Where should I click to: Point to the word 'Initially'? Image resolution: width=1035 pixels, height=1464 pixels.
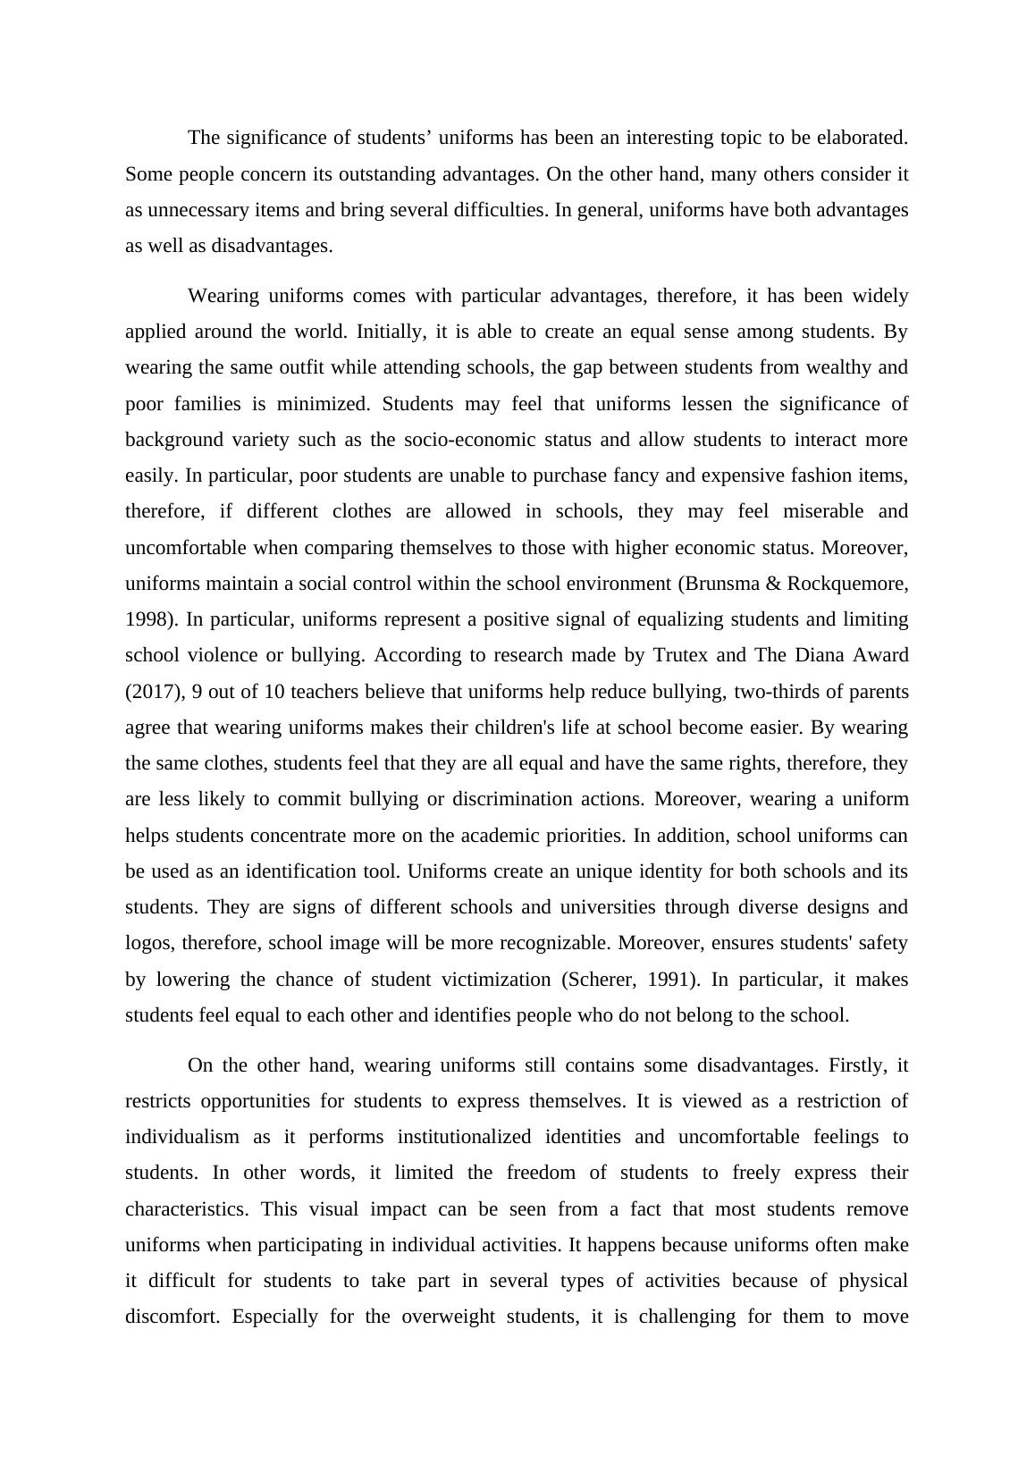389,332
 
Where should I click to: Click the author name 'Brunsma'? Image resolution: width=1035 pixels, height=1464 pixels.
723,584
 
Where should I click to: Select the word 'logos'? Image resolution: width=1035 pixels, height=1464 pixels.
147,943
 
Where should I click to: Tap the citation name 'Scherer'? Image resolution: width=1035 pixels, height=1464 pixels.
599,980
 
